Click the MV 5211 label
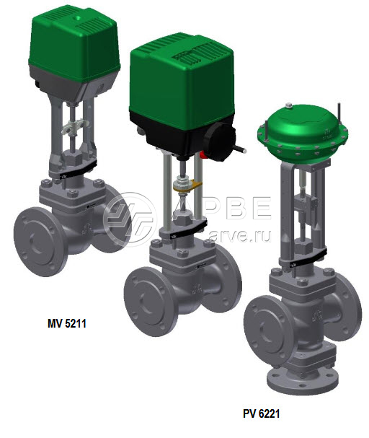click(x=66, y=323)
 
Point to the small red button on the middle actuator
click(x=204, y=155)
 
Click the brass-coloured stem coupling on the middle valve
click(x=187, y=186)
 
